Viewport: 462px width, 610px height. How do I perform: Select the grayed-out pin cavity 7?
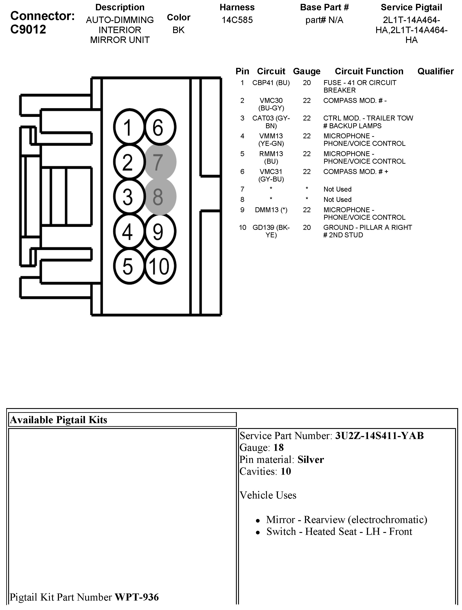pos(160,162)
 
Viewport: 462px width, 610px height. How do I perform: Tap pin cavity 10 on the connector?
pos(159,266)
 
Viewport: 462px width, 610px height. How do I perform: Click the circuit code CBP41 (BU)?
pos(271,83)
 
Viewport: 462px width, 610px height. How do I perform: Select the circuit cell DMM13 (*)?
pos(271,210)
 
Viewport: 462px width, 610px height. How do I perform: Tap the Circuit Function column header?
pos(369,71)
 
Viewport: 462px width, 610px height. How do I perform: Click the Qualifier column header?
pos(436,71)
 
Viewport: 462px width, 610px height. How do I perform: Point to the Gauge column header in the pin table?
pos(306,71)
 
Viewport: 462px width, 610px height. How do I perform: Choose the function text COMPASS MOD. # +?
pos(356,172)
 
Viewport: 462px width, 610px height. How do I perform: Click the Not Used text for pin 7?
pos(337,189)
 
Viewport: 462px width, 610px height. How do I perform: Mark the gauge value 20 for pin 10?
pos(306,227)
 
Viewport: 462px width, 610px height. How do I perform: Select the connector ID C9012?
pos(28,29)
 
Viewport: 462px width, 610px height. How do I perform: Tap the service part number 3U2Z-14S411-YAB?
pos(379,436)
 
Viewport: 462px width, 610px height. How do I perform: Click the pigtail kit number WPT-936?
pos(137,597)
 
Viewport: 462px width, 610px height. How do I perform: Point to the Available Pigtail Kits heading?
pos(59,420)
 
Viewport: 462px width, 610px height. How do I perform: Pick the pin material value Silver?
pos(310,460)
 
